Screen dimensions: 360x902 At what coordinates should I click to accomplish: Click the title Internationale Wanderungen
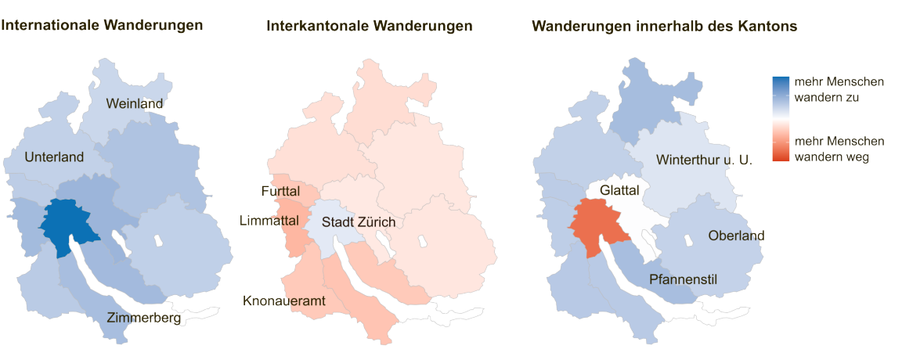pyautogui.click(x=103, y=25)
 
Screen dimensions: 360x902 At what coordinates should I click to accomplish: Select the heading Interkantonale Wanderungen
pyautogui.click(x=370, y=26)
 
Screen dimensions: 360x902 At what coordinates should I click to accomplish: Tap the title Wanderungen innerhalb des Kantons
pyautogui.click(x=665, y=26)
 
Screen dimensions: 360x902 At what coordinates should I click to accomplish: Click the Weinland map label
pyautogui.click(x=135, y=104)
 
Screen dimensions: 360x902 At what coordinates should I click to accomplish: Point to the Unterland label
pyautogui.click(x=54, y=157)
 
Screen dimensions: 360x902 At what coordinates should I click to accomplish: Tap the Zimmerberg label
pyautogui.click(x=144, y=319)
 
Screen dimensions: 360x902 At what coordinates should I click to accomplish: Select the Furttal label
pyautogui.click(x=281, y=192)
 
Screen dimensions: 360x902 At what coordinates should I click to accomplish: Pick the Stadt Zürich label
pyautogui.click(x=359, y=223)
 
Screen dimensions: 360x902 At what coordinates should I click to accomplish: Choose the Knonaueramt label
pyautogui.click(x=283, y=300)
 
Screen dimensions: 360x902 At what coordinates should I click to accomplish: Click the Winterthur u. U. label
pyautogui.click(x=704, y=160)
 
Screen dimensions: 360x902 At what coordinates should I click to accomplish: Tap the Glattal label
pyautogui.click(x=620, y=190)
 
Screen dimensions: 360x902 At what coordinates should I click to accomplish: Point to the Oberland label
pyautogui.click(x=736, y=236)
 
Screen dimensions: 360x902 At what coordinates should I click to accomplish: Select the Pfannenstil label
pyautogui.click(x=684, y=279)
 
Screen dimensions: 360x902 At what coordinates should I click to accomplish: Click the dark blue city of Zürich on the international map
pyautogui.click(x=66, y=223)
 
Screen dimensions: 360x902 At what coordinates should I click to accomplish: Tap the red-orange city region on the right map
pyautogui.click(x=597, y=225)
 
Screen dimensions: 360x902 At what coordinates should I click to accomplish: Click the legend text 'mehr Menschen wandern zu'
pyautogui.click(x=839, y=90)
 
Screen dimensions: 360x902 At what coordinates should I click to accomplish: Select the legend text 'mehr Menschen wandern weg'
pyautogui.click(x=839, y=149)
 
